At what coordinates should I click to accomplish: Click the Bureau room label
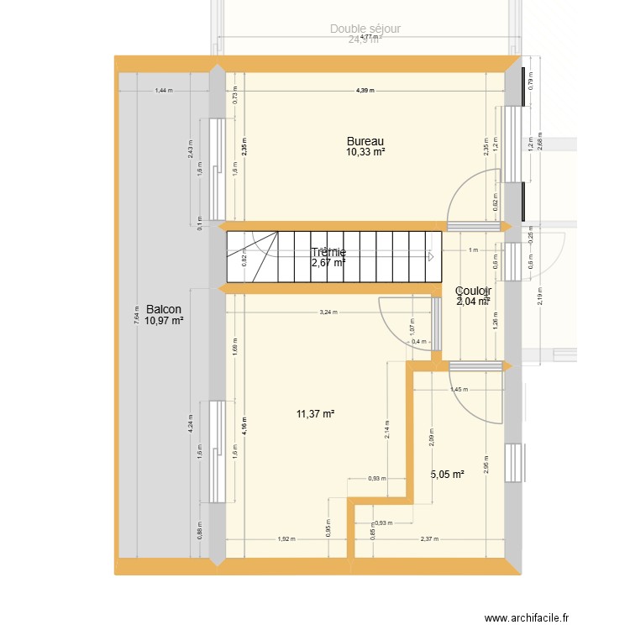pyautogui.click(x=365, y=141)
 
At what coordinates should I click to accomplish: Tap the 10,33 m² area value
pyautogui.click(x=365, y=152)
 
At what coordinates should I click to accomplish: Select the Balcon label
pyautogui.click(x=163, y=309)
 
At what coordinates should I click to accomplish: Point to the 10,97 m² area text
pyautogui.click(x=163, y=320)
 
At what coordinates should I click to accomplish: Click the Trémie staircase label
pyautogui.click(x=328, y=252)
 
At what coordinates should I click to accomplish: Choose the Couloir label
pyautogui.click(x=473, y=291)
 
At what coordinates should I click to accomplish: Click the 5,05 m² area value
pyautogui.click(x=447, y=475)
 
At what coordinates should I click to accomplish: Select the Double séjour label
pyautogui.click(x=365, y=29)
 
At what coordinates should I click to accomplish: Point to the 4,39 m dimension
pyautogui.click(x=364, y=90)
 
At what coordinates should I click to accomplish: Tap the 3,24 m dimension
pyautogui.click(x=328, y=312)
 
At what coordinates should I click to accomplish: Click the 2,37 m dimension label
pyautogui.click(x=427, y=539)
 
